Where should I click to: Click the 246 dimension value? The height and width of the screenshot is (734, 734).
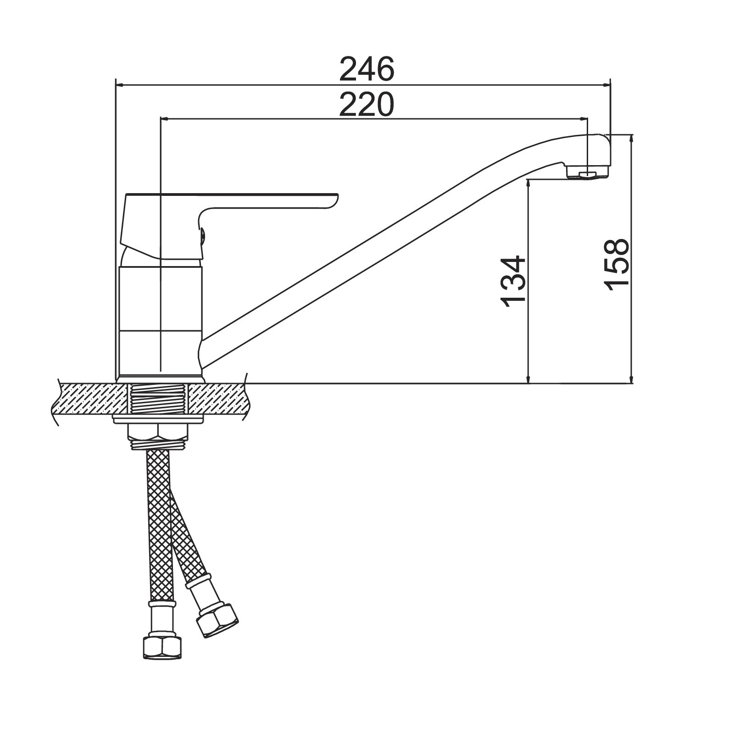point(367,69)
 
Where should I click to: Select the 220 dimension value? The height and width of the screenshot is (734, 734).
point(367,104)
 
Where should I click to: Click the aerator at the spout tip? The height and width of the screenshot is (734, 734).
point(587,172)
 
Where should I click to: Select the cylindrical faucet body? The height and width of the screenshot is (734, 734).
point(161,321)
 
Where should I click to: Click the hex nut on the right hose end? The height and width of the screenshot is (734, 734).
point(217,620)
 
